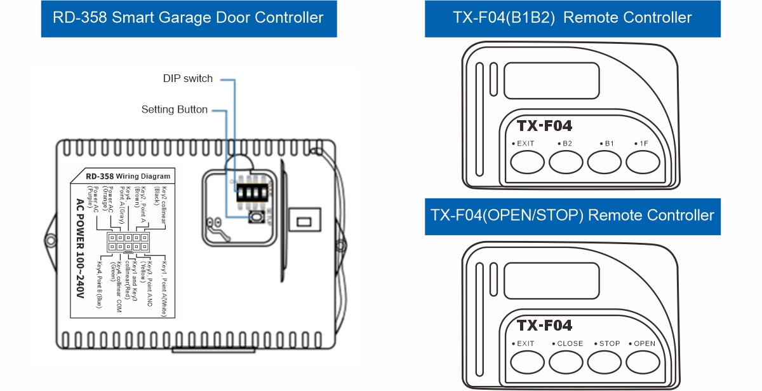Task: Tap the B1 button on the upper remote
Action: click(604, 163)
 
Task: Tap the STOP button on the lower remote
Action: click(604, 362)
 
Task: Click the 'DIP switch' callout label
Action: click(187, 79)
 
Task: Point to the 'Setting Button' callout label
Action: click(174, 110)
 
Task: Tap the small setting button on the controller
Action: click(256, 217)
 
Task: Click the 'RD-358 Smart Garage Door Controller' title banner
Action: click(188, 18)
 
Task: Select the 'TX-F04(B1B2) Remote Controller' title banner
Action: click(572, 18)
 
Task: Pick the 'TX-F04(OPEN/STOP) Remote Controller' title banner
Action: click(572, 216)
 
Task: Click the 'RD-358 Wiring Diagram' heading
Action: click(128, 176)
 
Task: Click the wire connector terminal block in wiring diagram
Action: click(129, 242)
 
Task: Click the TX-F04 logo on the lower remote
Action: click(544, 326)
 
